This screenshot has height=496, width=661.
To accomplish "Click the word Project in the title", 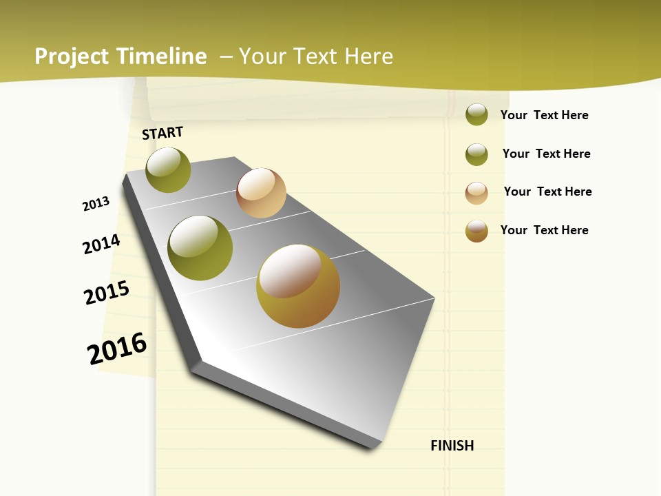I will click(72, 56).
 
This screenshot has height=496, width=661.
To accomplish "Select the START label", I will click(162, 133).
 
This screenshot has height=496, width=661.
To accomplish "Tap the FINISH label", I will click(452, 446).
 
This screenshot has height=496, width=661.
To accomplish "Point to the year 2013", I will click(96, 204).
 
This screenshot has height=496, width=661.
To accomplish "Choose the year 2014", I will click(102, 244).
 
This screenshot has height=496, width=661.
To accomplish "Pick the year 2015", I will click(107, 293).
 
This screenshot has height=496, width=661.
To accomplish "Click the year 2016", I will click(117, 349).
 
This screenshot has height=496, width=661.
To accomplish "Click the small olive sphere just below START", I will click(168, 169).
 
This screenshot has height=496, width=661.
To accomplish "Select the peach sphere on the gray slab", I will click(261, 193).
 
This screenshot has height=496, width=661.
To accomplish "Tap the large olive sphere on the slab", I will click(200, 248).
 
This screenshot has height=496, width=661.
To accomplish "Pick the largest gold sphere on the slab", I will click(298, 285).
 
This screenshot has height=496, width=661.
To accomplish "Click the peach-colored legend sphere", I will click(476, 193).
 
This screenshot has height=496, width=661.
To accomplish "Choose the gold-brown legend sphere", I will click(476, 231).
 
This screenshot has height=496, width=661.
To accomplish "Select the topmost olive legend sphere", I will click(476, 114).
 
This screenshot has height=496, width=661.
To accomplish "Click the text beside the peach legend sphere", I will click(547, 192).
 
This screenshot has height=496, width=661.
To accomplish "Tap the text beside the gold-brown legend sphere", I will click(544, 230).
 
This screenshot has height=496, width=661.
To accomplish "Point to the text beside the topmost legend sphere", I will click(544, 115).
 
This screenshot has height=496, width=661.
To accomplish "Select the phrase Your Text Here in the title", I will click(316, 56).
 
